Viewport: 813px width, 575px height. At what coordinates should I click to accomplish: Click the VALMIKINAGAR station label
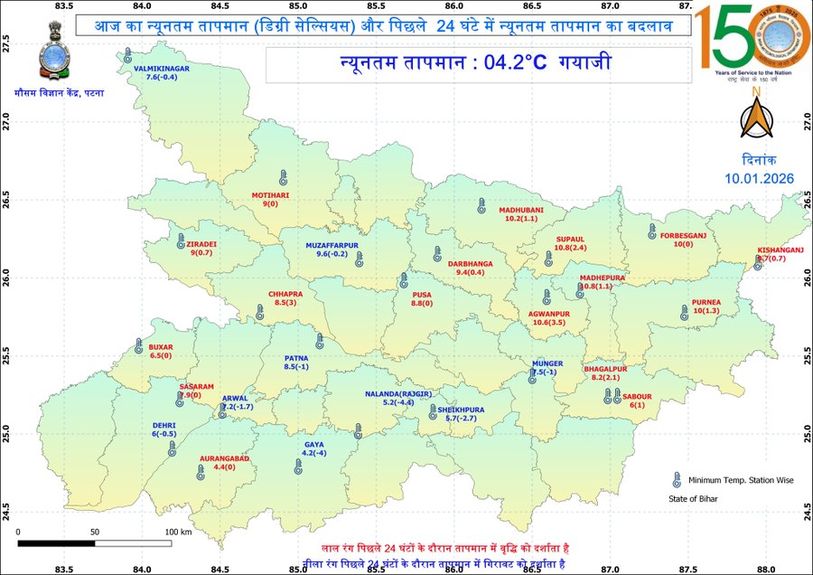(161, 69)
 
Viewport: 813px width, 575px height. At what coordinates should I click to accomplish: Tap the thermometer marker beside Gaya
(298, 467)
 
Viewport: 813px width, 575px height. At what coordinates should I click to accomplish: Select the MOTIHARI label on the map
(269, 194)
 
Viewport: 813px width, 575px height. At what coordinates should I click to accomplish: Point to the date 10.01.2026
(759, 178)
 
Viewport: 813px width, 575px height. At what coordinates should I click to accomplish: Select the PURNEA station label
(706, 301)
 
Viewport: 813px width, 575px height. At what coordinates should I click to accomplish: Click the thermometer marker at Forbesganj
(652, 231)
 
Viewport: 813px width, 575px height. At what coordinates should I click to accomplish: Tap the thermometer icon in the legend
(675, 480)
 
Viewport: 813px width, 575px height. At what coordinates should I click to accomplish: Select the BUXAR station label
(160, 346)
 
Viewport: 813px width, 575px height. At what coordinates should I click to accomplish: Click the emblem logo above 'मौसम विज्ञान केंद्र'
(47, 57)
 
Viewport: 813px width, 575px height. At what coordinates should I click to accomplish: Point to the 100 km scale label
(178, 533)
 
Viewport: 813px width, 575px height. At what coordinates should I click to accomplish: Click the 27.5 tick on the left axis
(6, 42)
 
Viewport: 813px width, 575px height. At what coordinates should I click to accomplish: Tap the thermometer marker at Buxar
(139, 346)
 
